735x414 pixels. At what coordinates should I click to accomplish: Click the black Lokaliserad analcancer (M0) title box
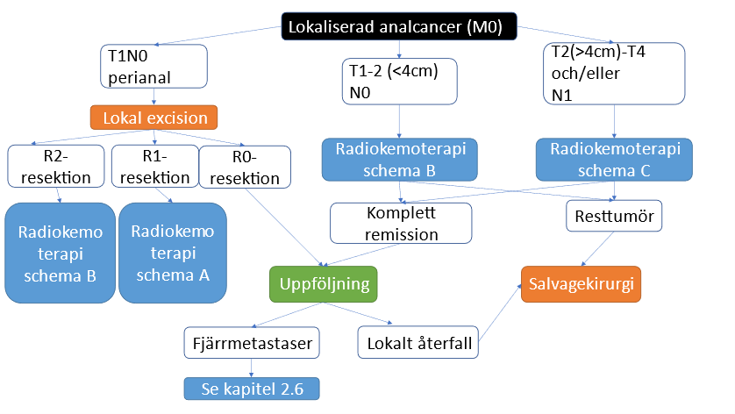(x=399, y=27)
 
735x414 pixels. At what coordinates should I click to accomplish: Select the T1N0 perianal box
(x=154, y=68)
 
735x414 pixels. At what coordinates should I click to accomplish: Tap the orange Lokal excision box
(x=154, y=118)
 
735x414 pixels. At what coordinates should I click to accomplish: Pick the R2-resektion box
(x=56, y=166)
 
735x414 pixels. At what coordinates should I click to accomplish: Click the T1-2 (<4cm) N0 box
(x=400, y=81)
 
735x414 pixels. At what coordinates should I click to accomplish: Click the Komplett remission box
(x=401, y=223)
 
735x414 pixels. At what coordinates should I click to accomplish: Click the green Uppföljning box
(x=324, y=284)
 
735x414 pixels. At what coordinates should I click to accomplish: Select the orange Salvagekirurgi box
(x=581, y=284)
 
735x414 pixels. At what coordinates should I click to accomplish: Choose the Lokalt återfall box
(x=419, y=341)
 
